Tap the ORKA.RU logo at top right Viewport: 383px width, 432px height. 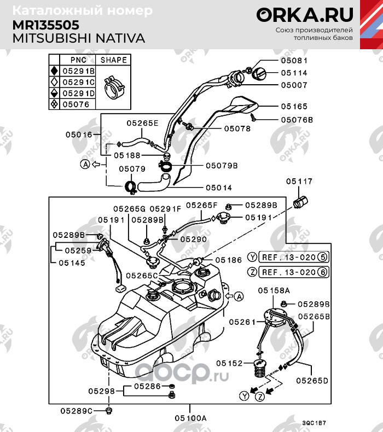coord(305,15)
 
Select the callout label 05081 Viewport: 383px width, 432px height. coord(294,61)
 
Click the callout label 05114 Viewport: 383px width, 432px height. coord(294,73)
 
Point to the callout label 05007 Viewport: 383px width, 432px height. coord(294,85)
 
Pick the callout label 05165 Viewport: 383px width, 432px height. coord(294,107)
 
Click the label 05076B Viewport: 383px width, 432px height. coord(297,120)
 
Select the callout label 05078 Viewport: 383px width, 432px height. coord(237,129)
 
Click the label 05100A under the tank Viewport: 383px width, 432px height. coord(190,418)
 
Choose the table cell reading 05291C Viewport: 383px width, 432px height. coord(78,82)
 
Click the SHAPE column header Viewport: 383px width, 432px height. coord(113,60)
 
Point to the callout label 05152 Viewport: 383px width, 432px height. coord(229,363)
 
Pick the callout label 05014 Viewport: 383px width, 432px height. coord(219,188)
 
